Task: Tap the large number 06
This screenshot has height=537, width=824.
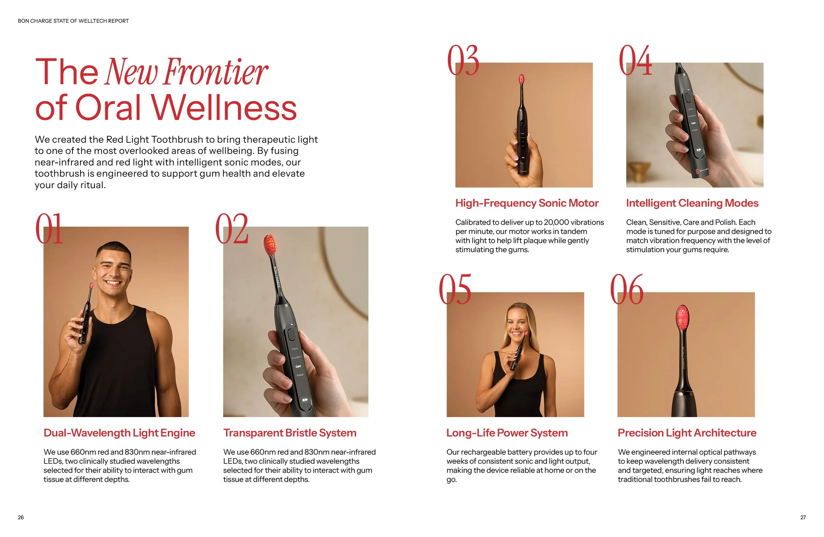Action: coord(627,289)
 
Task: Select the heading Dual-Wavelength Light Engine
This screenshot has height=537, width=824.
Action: coord(119,433)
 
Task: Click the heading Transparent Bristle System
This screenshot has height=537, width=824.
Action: coord(290,433)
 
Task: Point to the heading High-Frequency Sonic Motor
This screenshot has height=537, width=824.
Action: coord(527,203)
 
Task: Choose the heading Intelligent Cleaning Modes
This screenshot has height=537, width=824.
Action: coord(692,203)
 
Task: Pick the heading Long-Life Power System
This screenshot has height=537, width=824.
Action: coord(507,433)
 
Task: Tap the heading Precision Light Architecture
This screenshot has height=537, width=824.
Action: coord(687,433)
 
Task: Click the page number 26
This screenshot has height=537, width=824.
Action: coord(21,517)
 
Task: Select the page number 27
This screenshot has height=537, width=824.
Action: coord(803,517)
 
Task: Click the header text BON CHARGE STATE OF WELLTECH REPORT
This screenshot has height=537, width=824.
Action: coord(73,21)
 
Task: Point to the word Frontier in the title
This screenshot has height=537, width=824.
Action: coord(216,71)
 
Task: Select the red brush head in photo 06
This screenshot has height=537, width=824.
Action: coord(682,317)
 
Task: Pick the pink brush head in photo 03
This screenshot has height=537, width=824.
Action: coord(521,79)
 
